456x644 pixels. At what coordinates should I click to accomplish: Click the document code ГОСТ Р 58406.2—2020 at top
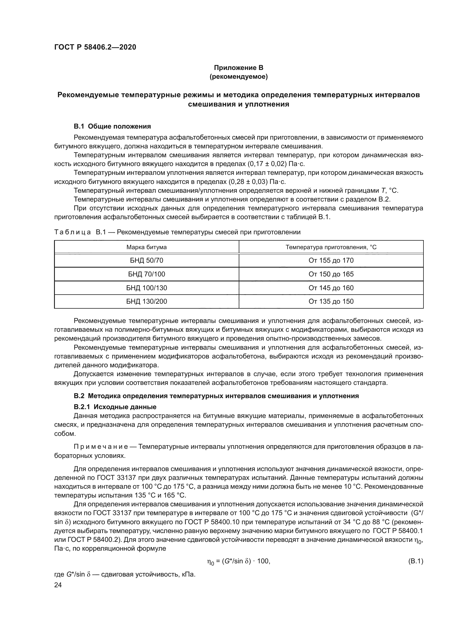point(95,47)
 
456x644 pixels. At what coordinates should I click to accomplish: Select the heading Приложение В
point(238,68)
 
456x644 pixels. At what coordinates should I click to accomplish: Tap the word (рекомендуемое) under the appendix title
point(238,77)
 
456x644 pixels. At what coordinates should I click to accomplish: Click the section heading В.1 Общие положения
point(112,126)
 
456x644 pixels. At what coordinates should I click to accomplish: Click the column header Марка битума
point(146,247)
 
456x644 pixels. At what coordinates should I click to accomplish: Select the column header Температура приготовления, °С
point(331,247)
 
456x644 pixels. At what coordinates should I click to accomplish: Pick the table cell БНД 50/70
point(146,260)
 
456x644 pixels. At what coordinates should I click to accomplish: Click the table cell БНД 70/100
point(146,274)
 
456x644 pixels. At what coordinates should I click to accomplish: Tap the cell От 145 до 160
point(331,288)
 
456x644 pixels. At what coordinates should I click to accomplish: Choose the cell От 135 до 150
point(331,301)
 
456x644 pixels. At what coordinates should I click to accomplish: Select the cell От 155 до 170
point(331,260)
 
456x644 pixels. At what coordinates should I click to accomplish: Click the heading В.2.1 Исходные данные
point(115,407)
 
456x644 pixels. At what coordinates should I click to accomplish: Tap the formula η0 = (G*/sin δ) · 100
point(238,561)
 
